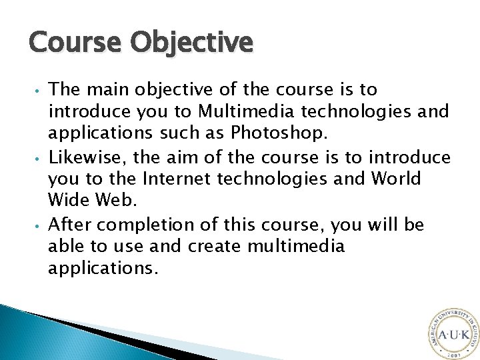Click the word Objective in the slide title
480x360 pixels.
click(191, 43)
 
